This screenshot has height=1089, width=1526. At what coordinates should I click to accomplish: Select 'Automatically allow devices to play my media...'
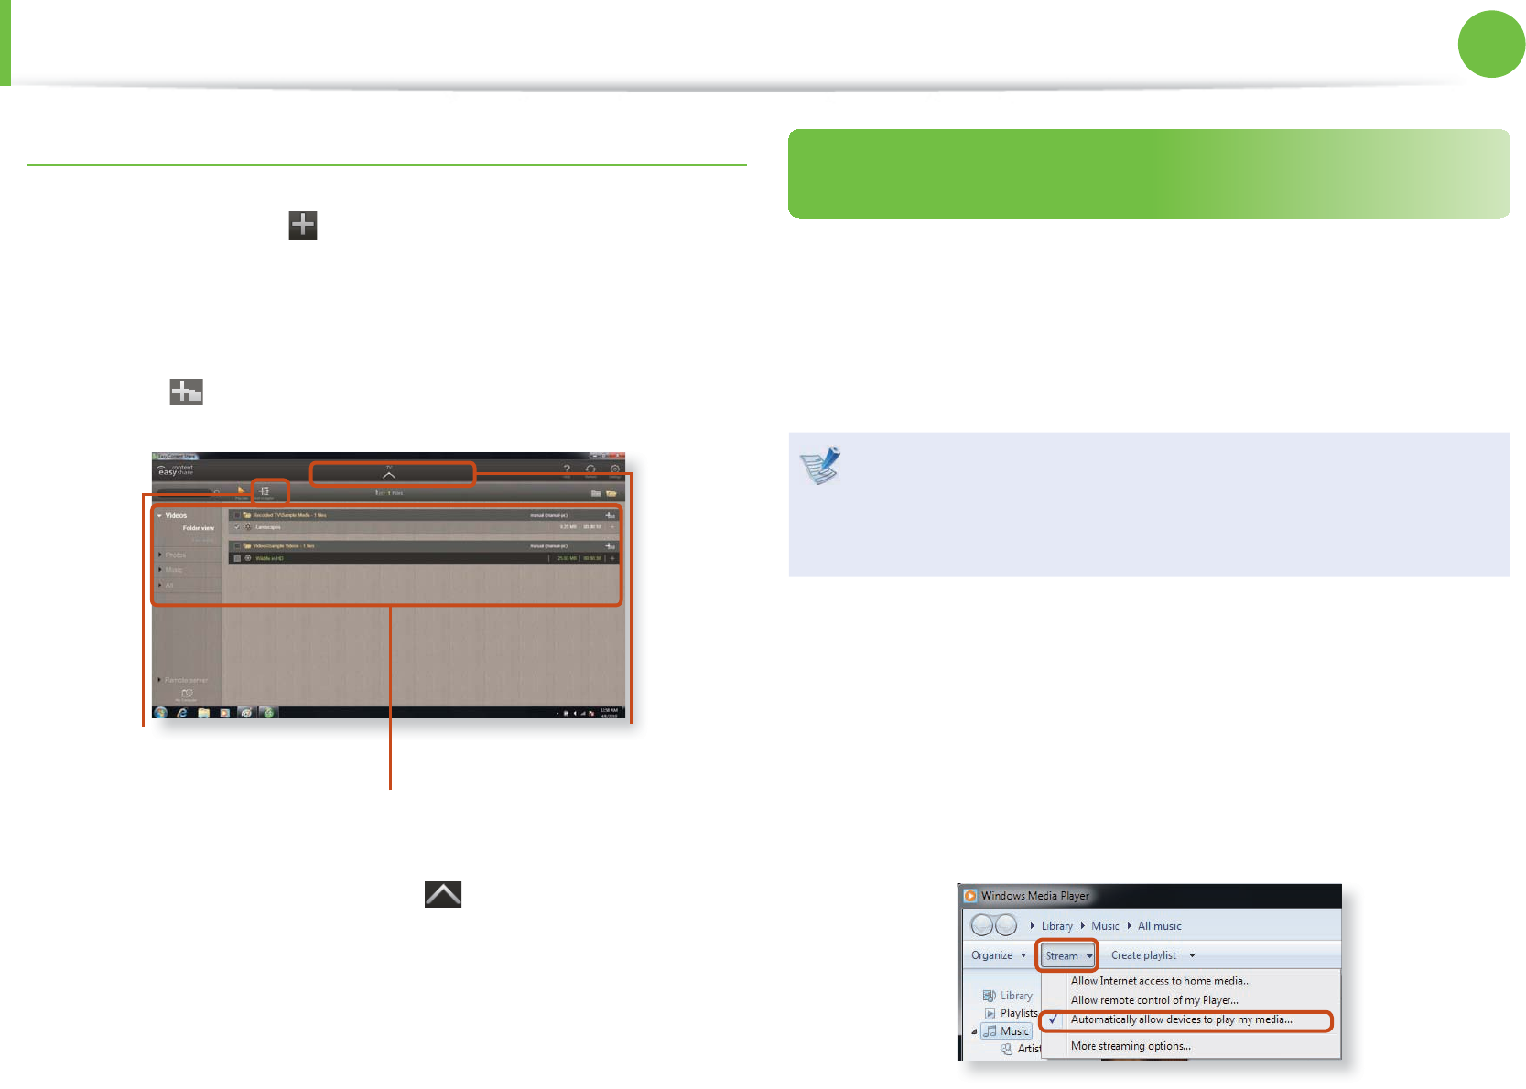click(x=1181, y=1019)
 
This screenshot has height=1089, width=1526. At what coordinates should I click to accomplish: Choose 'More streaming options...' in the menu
click(x=1131, y=1046)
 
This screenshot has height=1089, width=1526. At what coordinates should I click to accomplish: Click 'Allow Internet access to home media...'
click(x=1161, y=981)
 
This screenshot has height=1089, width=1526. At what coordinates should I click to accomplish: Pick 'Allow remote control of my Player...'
click(x=1154, y=1000)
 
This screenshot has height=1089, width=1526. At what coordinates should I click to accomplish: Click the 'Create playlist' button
click(x=1144, y=955)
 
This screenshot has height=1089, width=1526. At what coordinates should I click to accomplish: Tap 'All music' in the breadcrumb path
click(x=1160, y=926)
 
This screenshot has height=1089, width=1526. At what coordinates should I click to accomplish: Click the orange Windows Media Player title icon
click(x=970, y=896)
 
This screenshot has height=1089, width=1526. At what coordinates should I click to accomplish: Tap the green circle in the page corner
click(x=1491, y=44)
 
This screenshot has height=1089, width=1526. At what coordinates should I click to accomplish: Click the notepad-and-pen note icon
click(x=820, y=465)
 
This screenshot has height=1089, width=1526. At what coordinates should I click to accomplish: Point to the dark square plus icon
click(x=303, y=225)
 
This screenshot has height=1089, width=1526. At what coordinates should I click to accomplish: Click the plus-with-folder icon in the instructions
click(x=186, y=393)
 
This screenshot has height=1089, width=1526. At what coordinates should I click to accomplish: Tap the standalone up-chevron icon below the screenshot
click(x=443, y=894)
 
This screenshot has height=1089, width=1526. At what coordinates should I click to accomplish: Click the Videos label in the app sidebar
click(x=176, y=515)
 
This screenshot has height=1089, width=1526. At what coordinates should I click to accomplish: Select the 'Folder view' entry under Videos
click(x=198, y=528)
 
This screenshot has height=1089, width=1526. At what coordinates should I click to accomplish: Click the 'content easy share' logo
click(x=176, y=470)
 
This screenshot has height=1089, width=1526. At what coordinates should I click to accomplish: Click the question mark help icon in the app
click(x=567, y=469)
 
